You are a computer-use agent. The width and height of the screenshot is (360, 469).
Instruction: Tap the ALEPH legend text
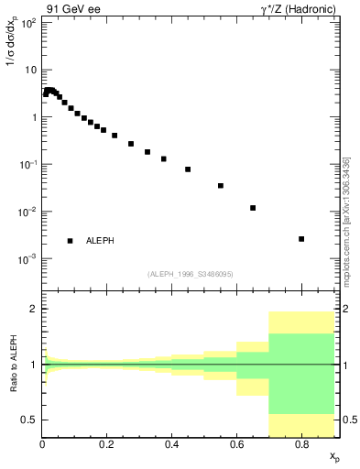pyautogui.click(x=101, y=241)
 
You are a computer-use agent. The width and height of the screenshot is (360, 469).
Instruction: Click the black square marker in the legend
pyautogui.click(x=71, y=241)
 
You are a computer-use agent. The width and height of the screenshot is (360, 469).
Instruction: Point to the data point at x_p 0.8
pyautogui.click(x=301, y=239)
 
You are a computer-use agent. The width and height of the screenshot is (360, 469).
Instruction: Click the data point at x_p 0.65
pyautogui.click(x=253, y=208)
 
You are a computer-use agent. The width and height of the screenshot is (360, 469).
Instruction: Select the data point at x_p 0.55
pyautogui.click(x=221, y=186)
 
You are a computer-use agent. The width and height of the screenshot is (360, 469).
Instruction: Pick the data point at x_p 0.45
pyautogui.click(x=188, y=169)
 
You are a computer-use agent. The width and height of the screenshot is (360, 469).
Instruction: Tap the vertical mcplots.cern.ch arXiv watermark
pyautogui.click(x=346, y=220)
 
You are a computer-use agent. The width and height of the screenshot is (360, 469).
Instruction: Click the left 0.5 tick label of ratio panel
pyautogui.click(x=29, y=420)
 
